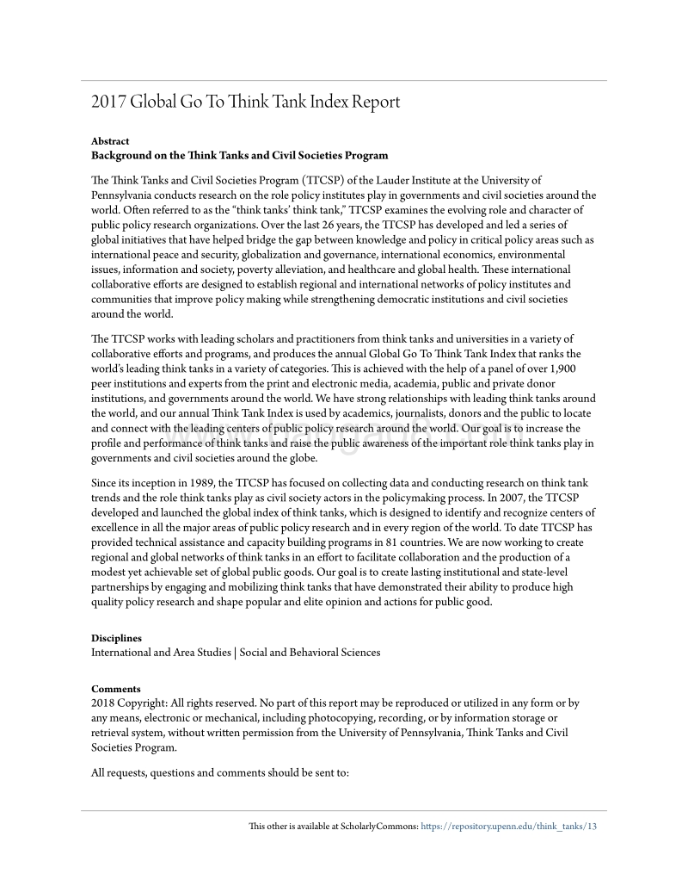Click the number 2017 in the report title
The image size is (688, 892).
[x=108, y=102]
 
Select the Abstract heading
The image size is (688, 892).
[x=110, y=141]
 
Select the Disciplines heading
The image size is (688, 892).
[x=117, y=638]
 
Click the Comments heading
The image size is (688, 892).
[x=115, y=689]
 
